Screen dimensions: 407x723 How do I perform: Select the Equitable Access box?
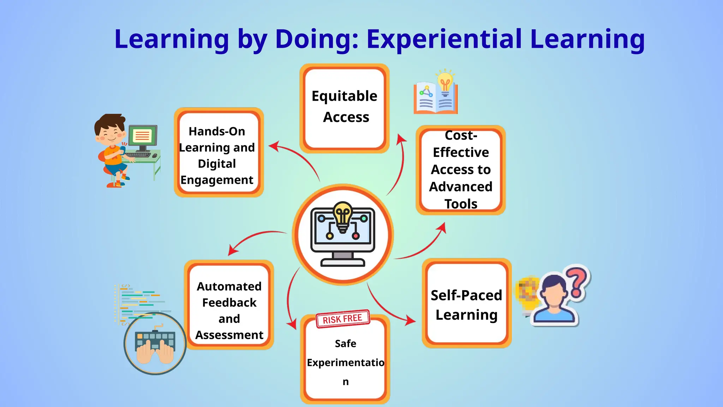click(x=344, y=108)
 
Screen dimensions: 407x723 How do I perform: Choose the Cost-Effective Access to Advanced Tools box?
click(x=460, y=170)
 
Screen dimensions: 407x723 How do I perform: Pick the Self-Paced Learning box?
click(x=466, y=304)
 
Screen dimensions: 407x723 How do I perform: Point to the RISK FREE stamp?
click(x=342, y=319)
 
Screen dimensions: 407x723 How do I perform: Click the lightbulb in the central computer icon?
click(x=342, y=216)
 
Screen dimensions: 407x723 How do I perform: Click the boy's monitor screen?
click(x=143, y=135)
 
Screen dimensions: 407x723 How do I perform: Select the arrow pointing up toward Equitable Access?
click(x=399, y=163)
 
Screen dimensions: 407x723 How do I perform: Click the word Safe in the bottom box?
click(x=345, y=343)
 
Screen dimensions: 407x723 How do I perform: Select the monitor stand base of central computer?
click(x=342, y=263)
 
